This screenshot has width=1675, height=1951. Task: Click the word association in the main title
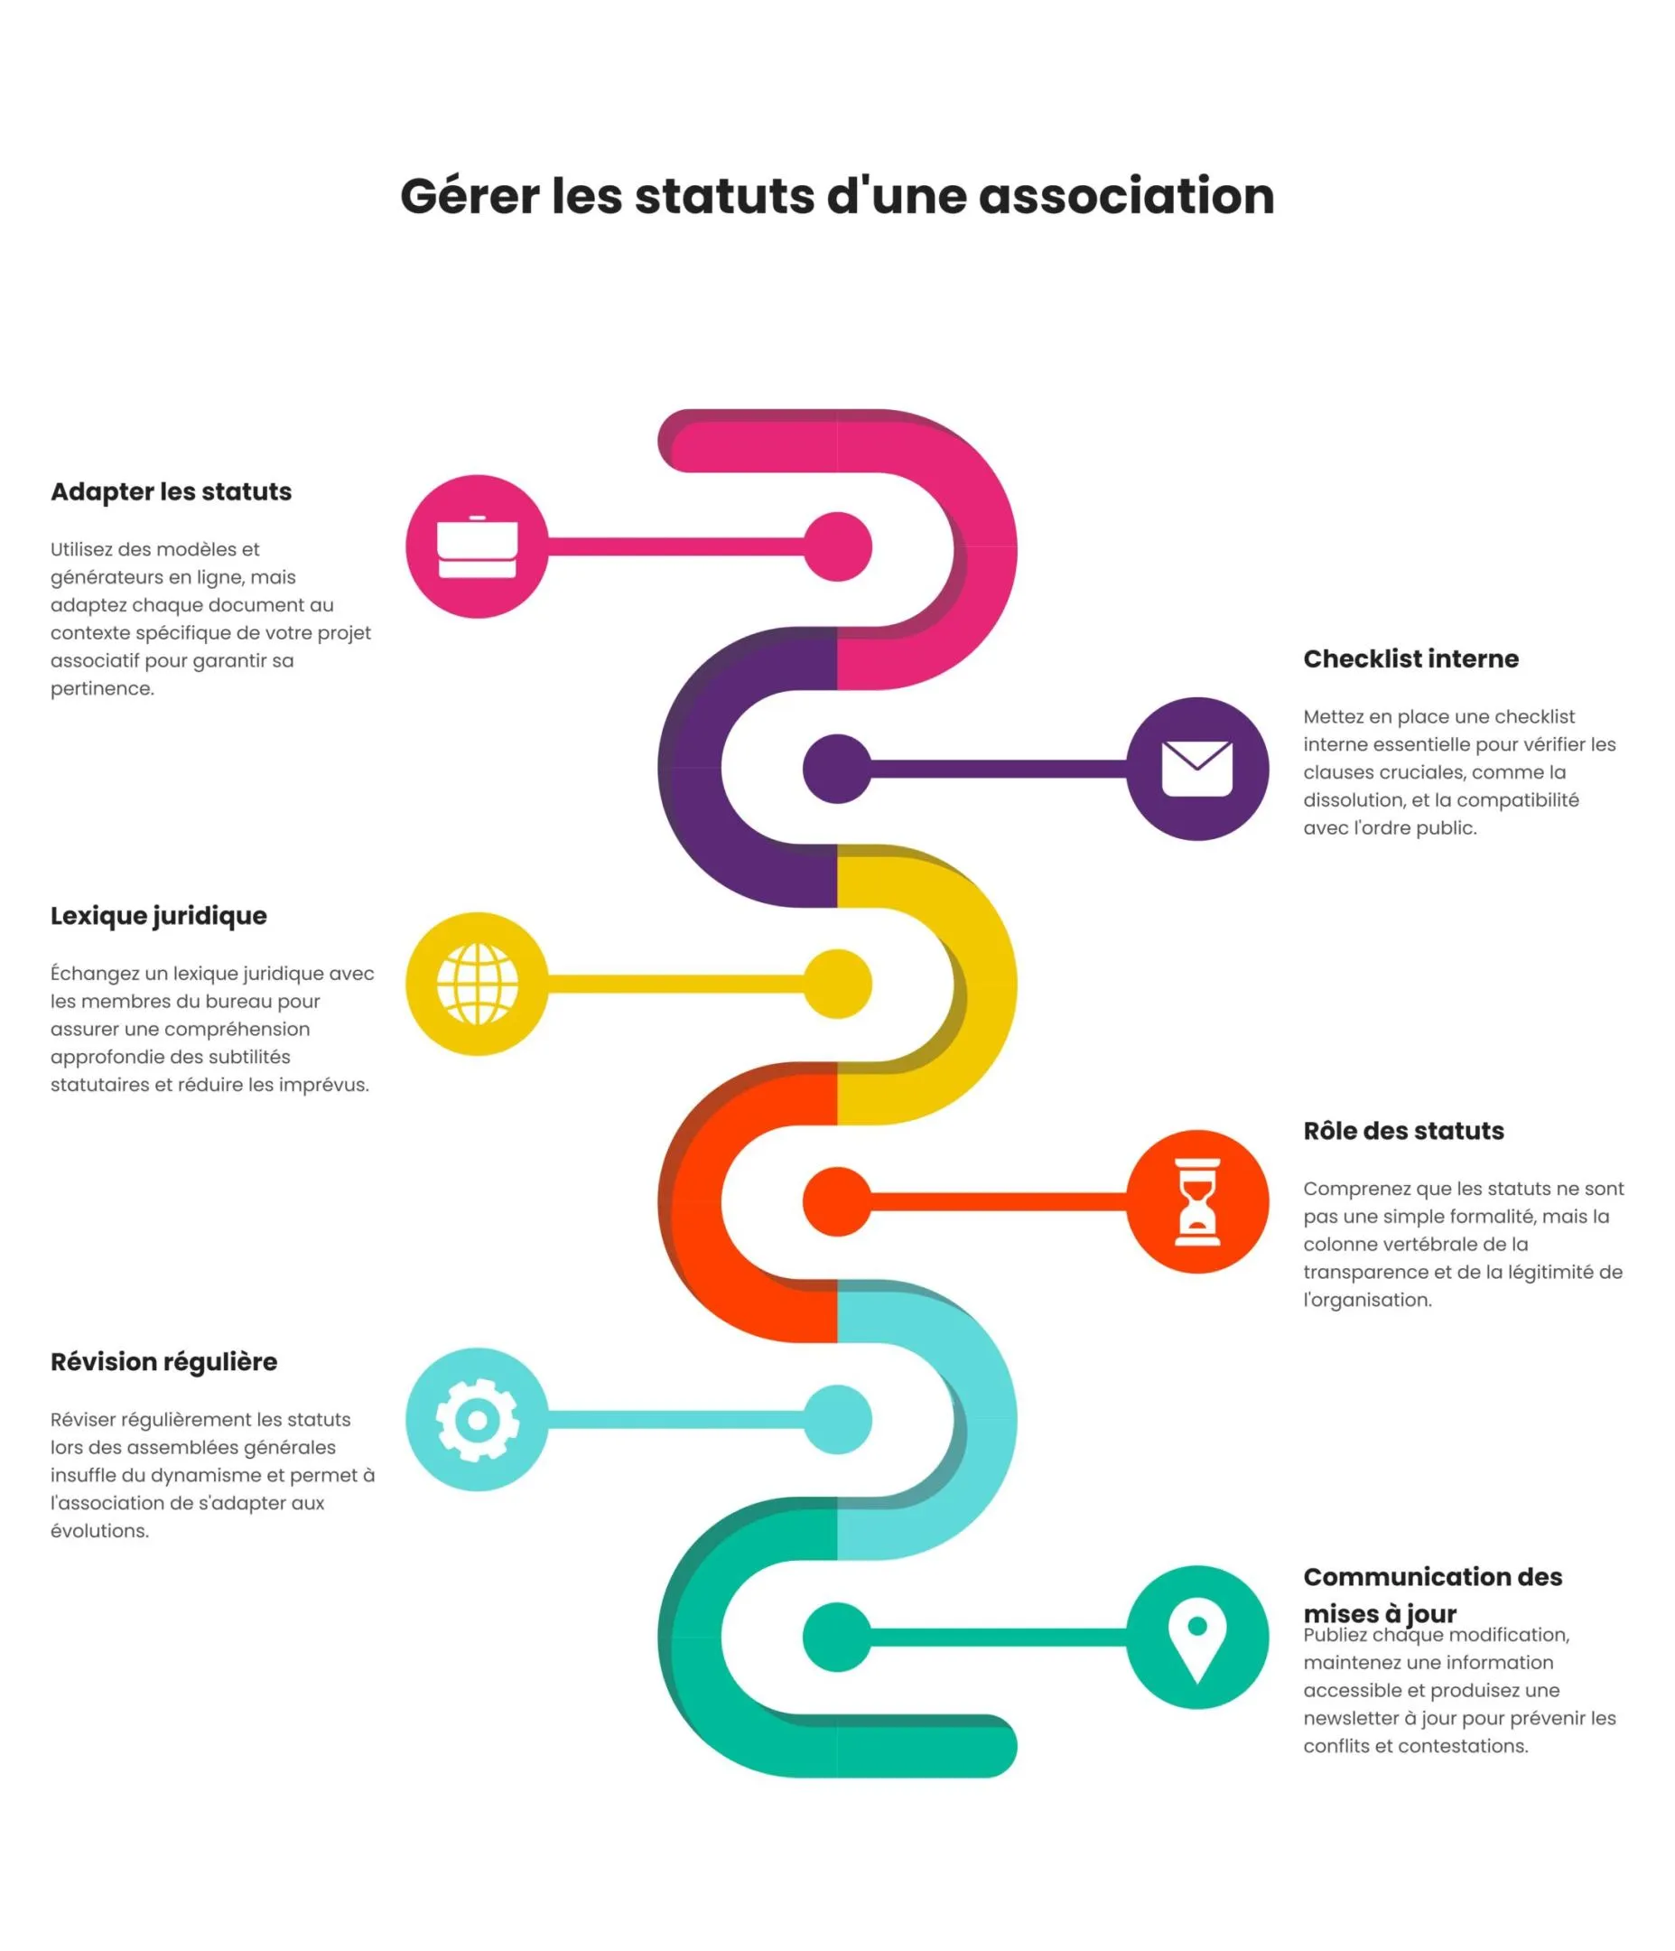pyautogui.click(x=1126, y=196)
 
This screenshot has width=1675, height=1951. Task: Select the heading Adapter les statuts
pyautogui.click(x=172, y=491)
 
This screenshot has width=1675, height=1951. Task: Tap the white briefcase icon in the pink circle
pyautogui.click(x=478, y=547)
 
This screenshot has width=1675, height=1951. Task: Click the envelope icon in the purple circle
pyautogui.click(x=1196, y=769)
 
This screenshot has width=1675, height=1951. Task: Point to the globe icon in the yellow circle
pyautogui.click(x=478, y=984)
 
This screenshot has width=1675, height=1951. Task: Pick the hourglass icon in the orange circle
pyautogui.click(x=1196, y=1202)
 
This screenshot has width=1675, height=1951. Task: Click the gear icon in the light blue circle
pyautogui.click(x=478, y=1420)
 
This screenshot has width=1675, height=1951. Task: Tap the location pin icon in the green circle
pyautogui.click(x=1196, y=1639)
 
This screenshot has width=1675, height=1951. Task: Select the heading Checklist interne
pyautogui.click(x=1410, y=659)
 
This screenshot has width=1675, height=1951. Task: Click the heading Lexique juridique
pyautogui.click(x=159, y=916)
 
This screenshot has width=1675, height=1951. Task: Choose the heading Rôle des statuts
pyautogui.click(x=1403, y=1131)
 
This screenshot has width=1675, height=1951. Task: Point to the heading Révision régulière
pyautogui.click(x=163, y=1362)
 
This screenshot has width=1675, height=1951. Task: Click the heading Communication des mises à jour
pyautogui.click(x=1432, y=1595)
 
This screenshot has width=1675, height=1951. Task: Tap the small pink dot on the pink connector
pyautogui.click(x=837, y=547)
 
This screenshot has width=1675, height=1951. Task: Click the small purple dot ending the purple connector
pyautogui.click(x=837, y=769)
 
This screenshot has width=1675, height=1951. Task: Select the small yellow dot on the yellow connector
pyautogui.click(x=837, y=984)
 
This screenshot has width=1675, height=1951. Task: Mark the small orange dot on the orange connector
pyautogui.click(x=837, y=1202)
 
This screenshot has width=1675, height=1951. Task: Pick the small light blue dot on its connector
pyautogui.click(x=837, y=1420)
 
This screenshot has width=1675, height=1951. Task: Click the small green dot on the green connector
pyautogui.click(x=837, y=1638)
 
